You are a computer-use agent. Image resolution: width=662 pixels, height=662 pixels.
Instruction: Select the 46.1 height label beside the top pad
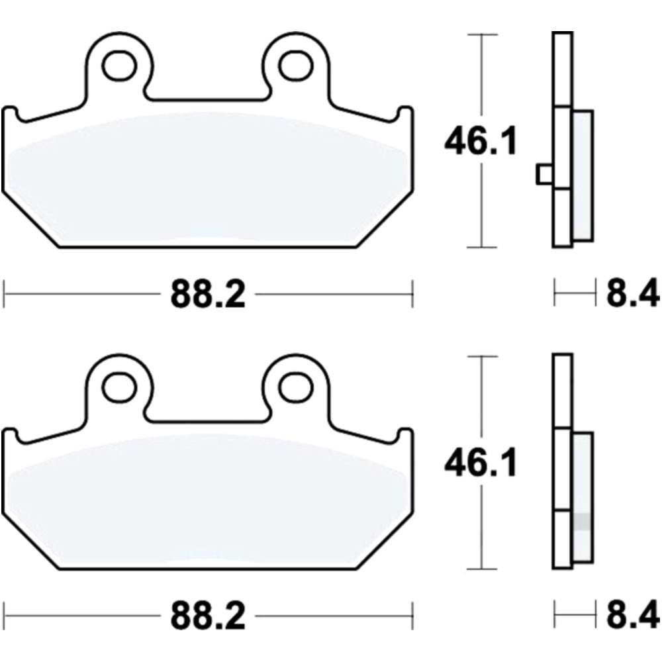[x=480, y=142]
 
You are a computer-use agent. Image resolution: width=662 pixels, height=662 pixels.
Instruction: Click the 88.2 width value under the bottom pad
[x=208, y=617]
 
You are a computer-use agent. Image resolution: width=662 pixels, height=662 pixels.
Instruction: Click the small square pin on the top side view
[x=544, y=174]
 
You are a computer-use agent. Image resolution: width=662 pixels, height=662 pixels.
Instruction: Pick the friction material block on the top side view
[x=582, y=175]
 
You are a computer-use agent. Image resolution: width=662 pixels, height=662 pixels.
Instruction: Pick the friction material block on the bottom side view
[x=582, y=496]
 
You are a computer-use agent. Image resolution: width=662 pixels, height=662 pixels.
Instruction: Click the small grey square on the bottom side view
[x=581, y=521]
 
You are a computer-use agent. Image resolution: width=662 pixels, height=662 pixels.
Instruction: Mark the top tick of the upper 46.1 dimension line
[x=482, y=34]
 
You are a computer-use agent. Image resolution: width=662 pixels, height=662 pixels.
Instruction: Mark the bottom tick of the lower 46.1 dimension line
[x=482, y=569]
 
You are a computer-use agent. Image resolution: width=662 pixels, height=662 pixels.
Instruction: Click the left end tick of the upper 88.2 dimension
[x=5, y=293]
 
